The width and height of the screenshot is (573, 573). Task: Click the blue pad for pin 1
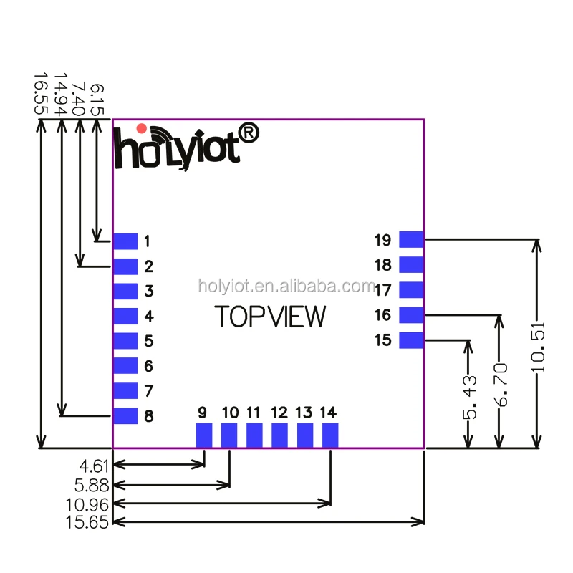click(x=125, y=241)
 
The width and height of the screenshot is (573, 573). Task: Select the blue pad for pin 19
click(x=412, y=240)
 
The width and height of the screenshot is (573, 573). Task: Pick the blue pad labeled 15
click(x=412, y=340)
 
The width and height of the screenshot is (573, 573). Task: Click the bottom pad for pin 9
click(x=205, y=435)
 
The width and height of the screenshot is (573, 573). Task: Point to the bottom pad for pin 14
click(x=330, y=435)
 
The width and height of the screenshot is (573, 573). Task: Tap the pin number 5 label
click(x=148, y=341)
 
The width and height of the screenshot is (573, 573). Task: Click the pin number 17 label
click(x=382, y=290)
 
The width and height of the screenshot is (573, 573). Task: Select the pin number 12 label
click(x=279, y=413)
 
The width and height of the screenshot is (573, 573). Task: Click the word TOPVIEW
click(x=271, y=317)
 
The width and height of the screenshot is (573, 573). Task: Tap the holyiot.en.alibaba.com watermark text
click(x=286, y=286)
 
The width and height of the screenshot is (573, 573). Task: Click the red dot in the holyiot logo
click(x=142, y=128)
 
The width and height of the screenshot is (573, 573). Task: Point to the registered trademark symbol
click(x=248, y=133)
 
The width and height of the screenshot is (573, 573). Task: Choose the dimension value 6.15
click(x=98, y=100)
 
